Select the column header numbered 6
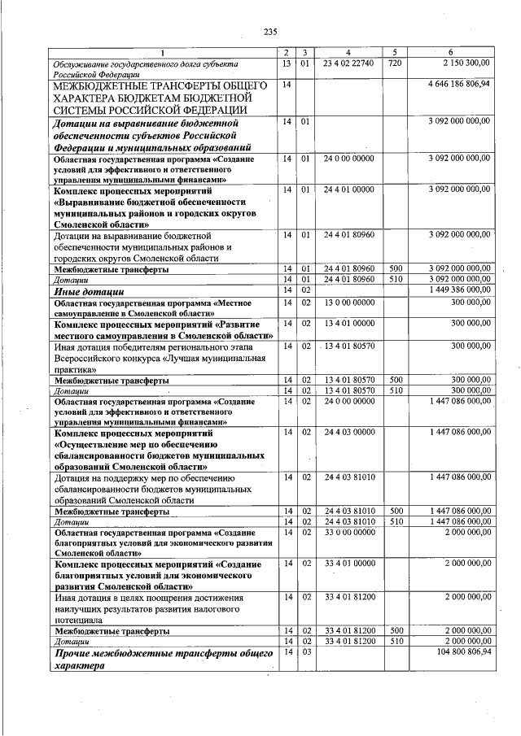(x=450, y=52)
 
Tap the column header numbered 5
(x=394, y=52)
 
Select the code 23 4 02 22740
(x=348, y=63)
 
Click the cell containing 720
(x=394, y=63)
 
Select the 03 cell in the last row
(x=306, y=652)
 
